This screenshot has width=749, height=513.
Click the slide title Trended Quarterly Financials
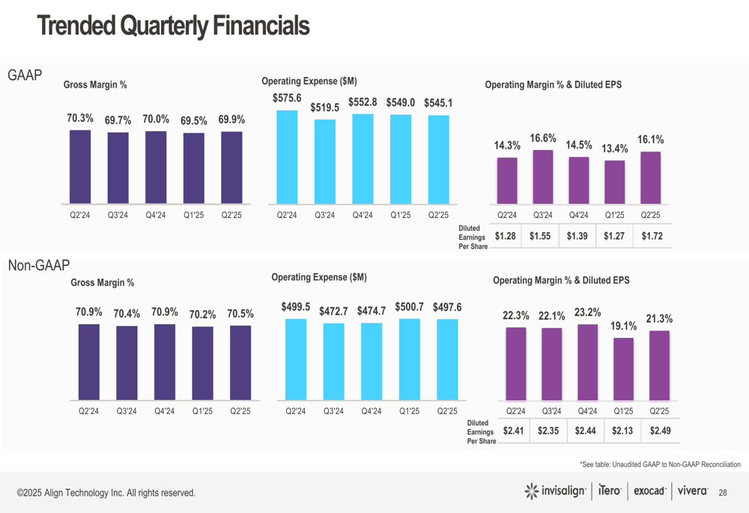click(173, 27)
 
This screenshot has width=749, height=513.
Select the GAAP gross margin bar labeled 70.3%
click(80, 166)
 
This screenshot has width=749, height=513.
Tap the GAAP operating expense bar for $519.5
click(325, 161)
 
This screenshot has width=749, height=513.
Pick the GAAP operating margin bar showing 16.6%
click(542, 176)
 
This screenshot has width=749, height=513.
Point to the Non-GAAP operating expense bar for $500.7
click(410, 359)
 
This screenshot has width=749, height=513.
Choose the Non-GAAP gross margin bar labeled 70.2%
click(202, 362)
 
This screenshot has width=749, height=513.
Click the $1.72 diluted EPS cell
click(652, 237)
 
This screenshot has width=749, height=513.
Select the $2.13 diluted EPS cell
click(623, 431)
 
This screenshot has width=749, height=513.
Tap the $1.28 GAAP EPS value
click(506, 237)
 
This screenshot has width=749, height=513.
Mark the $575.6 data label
click(286, 98)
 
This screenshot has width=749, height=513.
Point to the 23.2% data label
click(587, 312)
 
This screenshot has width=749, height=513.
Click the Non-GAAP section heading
click(38, 265)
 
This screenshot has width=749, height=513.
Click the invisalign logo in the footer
click(555, 491)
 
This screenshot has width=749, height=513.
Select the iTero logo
click(610, 491)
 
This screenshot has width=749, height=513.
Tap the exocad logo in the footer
click(649, 491)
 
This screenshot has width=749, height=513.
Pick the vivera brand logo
click(693, 491)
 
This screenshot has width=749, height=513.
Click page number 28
click(723, 492)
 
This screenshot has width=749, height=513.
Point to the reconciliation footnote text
click(660, 465)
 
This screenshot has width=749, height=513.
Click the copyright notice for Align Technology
click(106, 493)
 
